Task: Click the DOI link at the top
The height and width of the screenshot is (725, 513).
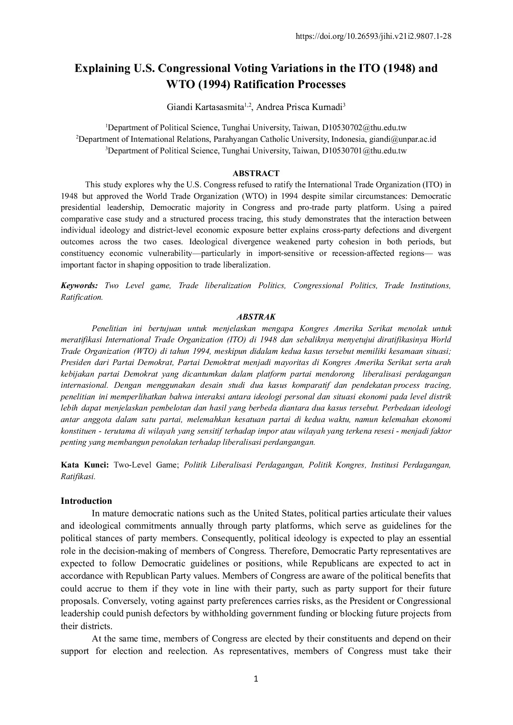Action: [373, 36]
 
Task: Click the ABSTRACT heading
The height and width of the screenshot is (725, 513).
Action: [256, 173]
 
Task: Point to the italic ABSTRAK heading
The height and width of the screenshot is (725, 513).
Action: [256, 317]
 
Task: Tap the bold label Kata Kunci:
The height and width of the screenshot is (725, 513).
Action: [85, 465]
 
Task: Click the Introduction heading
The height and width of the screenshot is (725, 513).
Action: [86, 501]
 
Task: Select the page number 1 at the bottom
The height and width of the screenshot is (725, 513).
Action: [256, 679]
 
